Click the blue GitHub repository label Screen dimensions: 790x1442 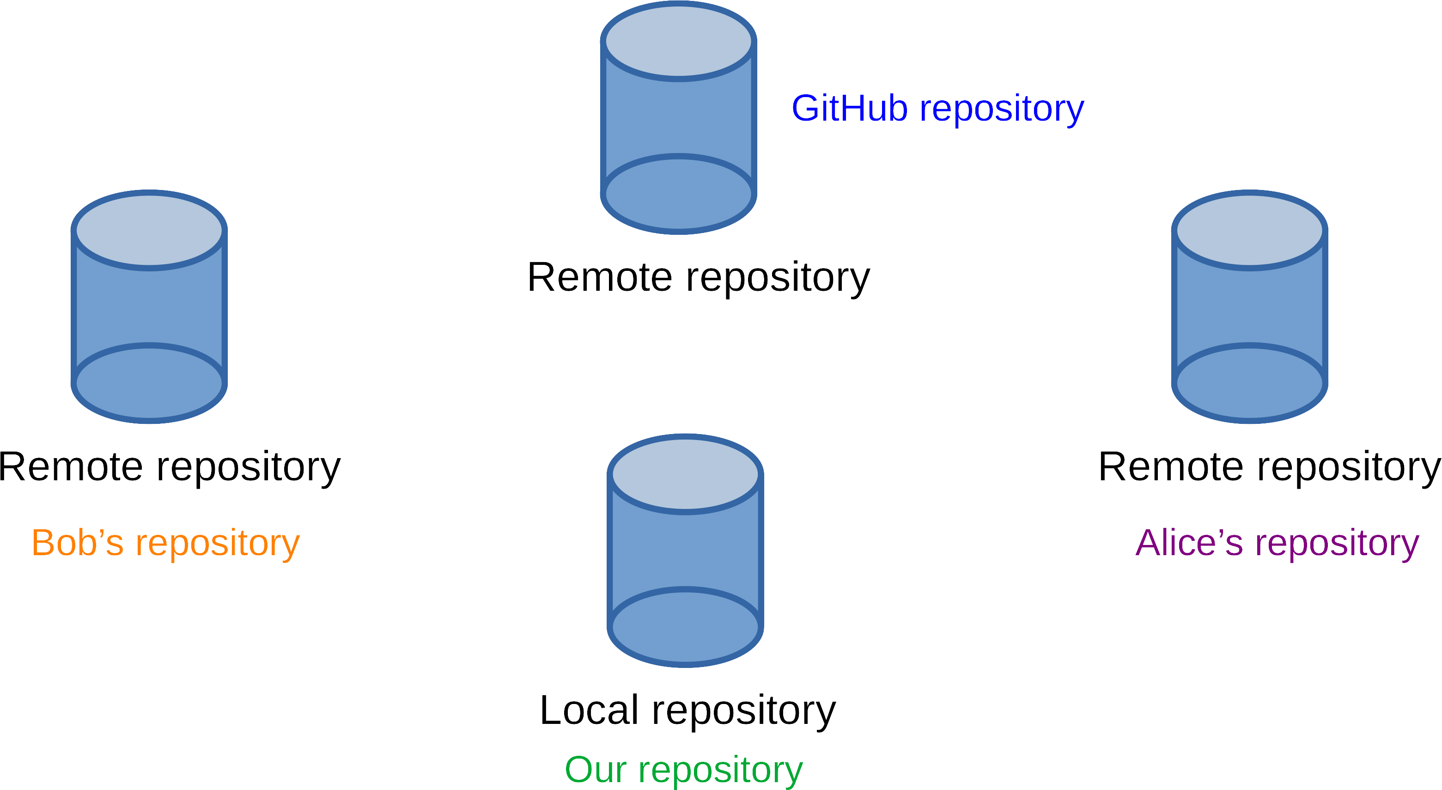pyautogui.click(x=937, y=109)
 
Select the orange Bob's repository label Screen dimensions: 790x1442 pyautogui.click(x=166, y=543)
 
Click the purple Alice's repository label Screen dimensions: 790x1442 pyautogui.click(x=1277, y=543)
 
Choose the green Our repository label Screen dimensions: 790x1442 pyautogui.click(x=683, y=770)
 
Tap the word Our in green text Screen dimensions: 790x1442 pyautogui.click(x=596, y=770)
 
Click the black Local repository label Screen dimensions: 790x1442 pyautogui.click(x=688, y=710)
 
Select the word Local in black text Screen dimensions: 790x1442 pyautogui.click(x=589, y=710)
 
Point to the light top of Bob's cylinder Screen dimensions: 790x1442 pyautogui.click(x=149, y=230)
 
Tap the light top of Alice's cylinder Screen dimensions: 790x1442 pyautogui.click(x=1249, y=230)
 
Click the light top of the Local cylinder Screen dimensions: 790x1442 pyautogui.click(x=685, y=474)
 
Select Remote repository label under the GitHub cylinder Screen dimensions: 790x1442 pyautogui.click(x=699, y=278)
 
